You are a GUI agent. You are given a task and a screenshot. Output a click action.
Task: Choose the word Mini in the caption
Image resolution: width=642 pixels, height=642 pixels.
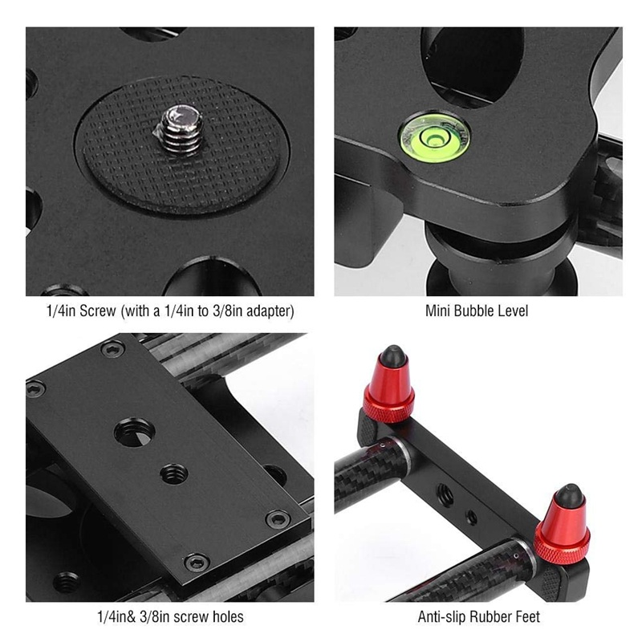pos(438,311)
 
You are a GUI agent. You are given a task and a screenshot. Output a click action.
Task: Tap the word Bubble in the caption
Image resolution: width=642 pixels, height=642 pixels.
pos(477,311)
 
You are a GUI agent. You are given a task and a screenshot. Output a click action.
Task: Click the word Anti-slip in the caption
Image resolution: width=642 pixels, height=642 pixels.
pos(444,617)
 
